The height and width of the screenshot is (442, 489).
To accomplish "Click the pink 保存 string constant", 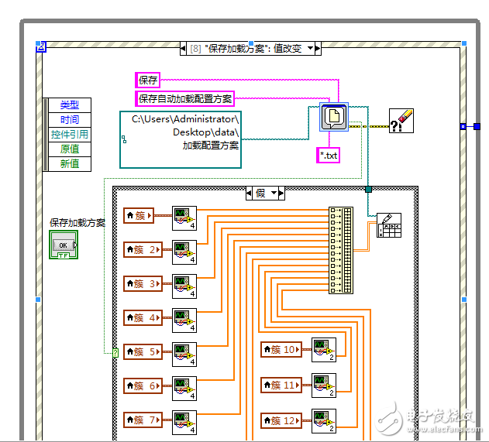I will click(148, 80).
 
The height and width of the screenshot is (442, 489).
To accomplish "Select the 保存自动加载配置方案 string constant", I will click(185, 98).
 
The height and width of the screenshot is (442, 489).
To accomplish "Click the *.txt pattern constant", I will click(329, 156).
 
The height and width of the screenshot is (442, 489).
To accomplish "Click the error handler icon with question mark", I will click(403, 122).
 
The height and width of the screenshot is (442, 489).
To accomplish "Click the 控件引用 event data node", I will click(70, 135).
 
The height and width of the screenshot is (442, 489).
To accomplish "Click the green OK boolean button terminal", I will click(64, 245).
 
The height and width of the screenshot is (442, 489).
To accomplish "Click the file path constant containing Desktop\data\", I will click(181, 139).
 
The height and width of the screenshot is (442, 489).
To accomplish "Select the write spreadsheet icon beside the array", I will click(388, 224).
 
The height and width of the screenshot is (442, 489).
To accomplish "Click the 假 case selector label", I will click(265, 193).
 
